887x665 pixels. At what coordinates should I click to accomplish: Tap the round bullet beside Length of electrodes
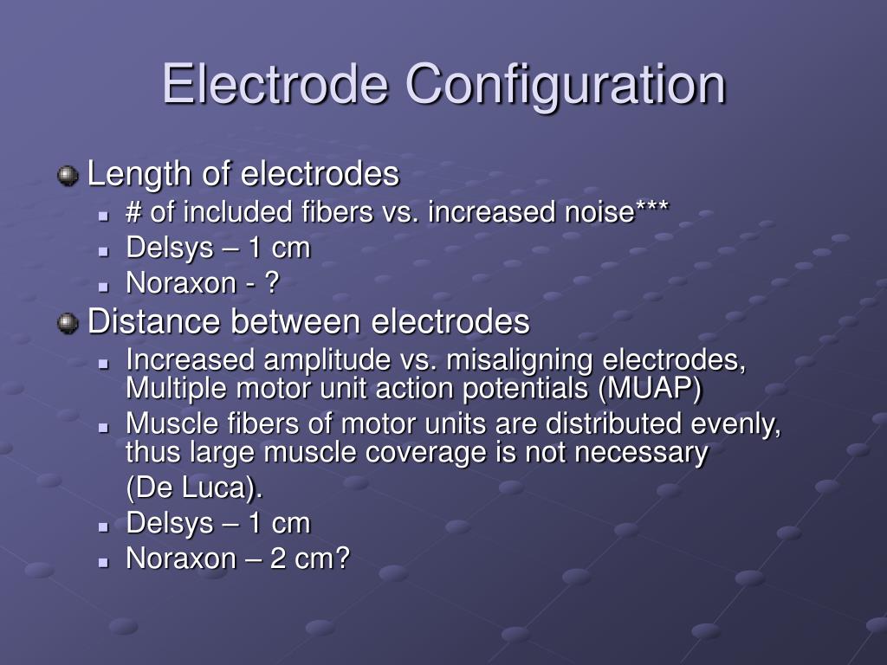point(68,177)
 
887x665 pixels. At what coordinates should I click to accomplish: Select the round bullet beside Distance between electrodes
point(68,324)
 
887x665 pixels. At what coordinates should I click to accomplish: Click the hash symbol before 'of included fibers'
point(134,213)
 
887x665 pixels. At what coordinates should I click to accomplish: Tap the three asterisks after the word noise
point(651,211)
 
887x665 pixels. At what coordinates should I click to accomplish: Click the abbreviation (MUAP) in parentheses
point(649,390)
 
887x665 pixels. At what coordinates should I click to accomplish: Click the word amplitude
point(317,360)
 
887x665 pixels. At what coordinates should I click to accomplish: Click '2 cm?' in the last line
point(308,558)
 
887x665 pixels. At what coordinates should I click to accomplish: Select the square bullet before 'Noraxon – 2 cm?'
point(103,561)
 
